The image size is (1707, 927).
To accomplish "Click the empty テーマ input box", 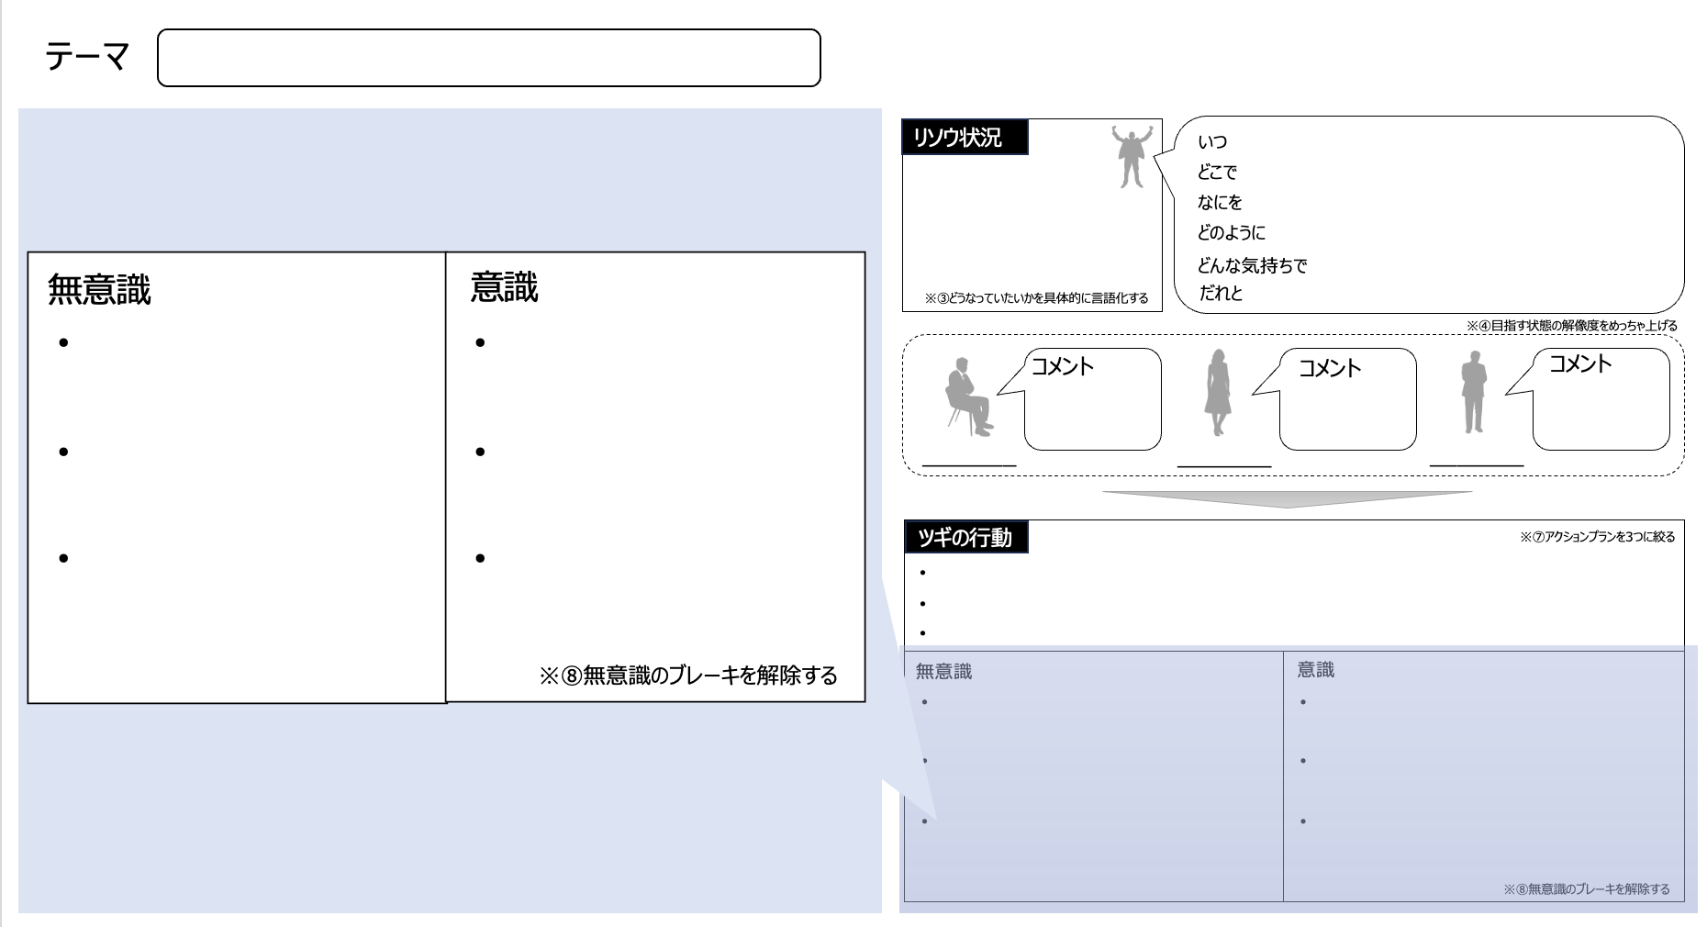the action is click(x=488, y=58).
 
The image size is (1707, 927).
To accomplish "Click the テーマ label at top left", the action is click(x=87, y=57).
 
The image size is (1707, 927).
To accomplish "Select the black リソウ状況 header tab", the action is click(x=965, y=138).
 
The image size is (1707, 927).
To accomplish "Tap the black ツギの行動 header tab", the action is click(x=965, y=537).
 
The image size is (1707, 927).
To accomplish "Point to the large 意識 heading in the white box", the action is click(x=504, y=287).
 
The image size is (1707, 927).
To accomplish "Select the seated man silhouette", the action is click(x=968, y=396).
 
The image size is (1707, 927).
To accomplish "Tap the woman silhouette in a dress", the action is click(x=1218, y=392).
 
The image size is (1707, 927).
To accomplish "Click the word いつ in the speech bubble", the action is click(x=1212, y=142).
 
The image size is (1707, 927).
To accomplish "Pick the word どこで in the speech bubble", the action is click(x=1217, y=172).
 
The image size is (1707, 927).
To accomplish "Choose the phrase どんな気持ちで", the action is click(x=1252, y=265).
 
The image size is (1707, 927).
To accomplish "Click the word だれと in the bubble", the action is click(x=1221, y=294).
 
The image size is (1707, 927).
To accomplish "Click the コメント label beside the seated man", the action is click(x=1063, y=366).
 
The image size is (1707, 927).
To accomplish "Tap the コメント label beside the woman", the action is click(x=1330, y=368).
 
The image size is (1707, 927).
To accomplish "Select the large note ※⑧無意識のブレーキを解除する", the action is click(x=688, y=676).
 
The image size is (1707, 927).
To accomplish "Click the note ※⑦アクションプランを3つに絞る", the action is click(x=1598, y=537).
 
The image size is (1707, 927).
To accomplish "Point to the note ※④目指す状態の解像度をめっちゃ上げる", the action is click(x=1571, y=325).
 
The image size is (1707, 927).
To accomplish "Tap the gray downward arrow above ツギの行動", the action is click(x=1288, y=499).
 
